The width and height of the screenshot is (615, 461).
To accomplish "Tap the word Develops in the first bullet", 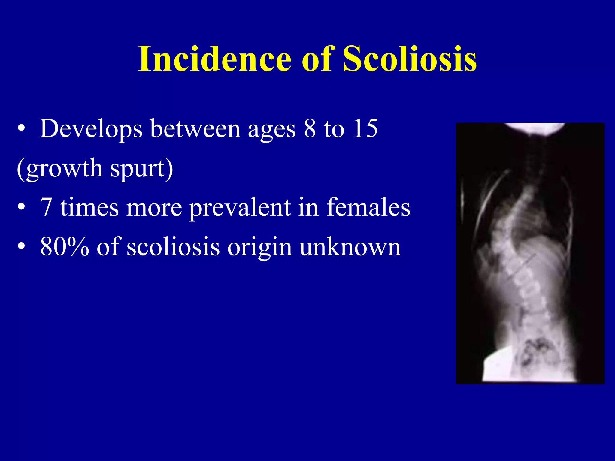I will (x=91, y=129).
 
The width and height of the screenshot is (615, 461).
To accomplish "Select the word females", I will (x=368, y=207).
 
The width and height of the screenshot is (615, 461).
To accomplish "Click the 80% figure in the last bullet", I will (x=65, y=247).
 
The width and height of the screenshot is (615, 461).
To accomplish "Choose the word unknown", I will (x=350, y=247).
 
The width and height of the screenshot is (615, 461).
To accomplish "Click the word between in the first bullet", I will (x=195, y=129).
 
